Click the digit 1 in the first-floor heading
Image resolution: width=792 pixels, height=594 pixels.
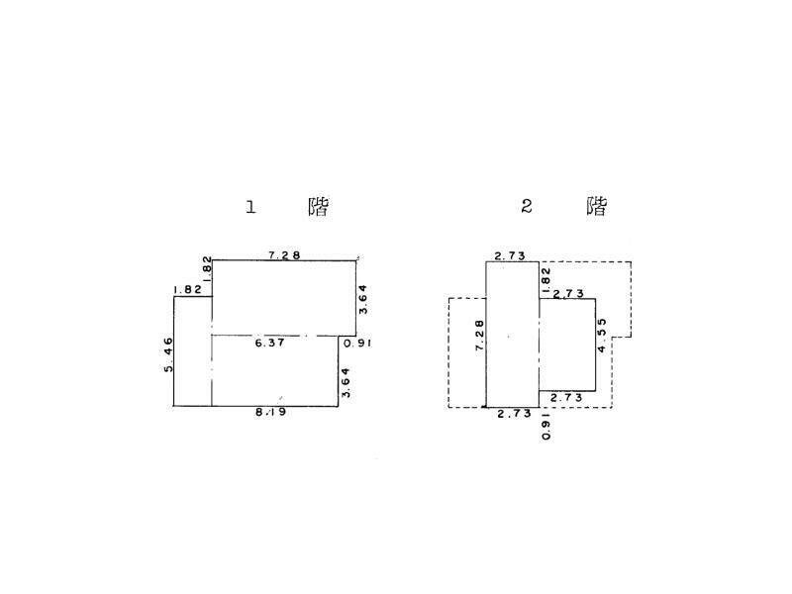pos(251,207)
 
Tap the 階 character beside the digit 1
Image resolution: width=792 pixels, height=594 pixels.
pos(318,207)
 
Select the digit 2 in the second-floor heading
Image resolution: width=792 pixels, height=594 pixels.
pos(527,206)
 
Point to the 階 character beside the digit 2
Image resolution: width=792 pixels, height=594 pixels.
pos(596,206)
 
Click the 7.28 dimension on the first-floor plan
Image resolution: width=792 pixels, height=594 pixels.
pos(285,254)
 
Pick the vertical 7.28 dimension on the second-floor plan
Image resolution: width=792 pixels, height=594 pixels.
pos(479,335)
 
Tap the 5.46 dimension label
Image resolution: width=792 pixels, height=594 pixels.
pos(168,354)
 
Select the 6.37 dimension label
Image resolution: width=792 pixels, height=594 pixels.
pos(270,343)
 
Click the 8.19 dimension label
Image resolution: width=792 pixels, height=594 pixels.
pos(271,412)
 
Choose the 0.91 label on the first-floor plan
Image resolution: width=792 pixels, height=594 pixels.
pos(356,343)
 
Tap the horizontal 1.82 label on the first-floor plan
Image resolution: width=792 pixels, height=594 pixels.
pos(187,289)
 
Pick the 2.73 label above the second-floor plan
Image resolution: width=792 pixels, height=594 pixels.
pos(510,255)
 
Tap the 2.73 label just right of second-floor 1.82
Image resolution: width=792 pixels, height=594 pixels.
pos(567,294)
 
